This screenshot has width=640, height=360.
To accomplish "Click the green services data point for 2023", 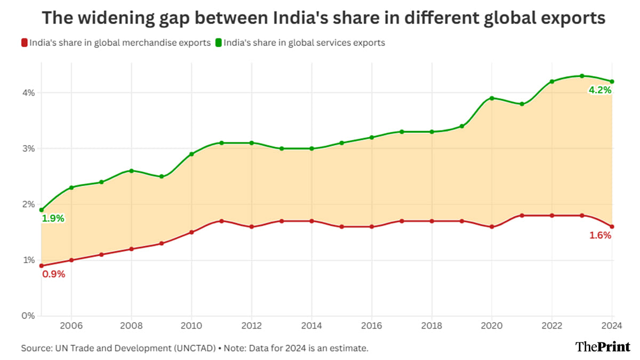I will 582,76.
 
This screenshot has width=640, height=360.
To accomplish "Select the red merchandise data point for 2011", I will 221,221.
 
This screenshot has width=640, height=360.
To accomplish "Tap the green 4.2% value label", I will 599,91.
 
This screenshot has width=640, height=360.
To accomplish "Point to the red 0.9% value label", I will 53,274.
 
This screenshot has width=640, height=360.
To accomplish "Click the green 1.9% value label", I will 53,218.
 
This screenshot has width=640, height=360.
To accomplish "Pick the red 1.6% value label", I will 600,235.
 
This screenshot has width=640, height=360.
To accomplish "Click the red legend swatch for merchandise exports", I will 24,43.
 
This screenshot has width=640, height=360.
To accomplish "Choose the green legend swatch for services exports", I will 218,43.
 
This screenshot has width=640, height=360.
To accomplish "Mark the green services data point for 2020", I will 492,98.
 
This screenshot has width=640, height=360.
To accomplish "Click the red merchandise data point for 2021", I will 522,215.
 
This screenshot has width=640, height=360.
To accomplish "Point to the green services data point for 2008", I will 131,171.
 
